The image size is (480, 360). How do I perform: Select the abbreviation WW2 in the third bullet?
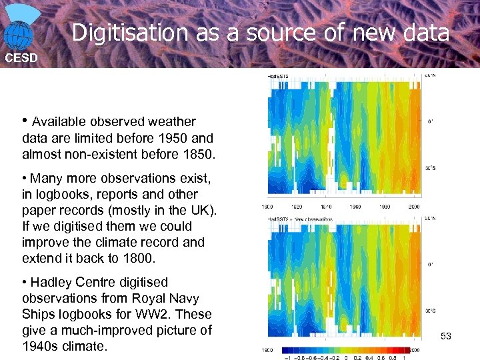pyautogui.click(x=160, y=315)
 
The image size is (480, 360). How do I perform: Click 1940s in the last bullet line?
pyautogui.click(x=43, y=347)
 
